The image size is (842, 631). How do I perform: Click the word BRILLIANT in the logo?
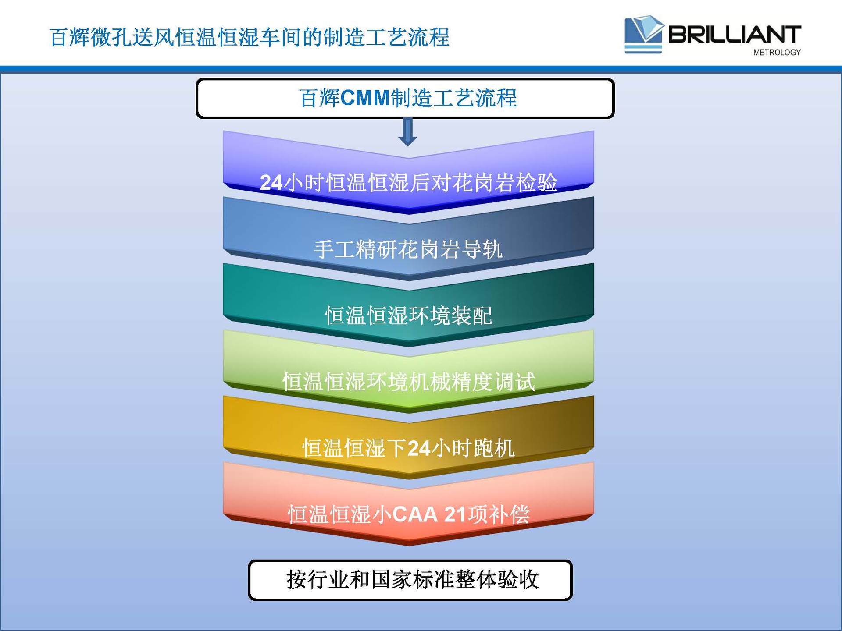(735, 34)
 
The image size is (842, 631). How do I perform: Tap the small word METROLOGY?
(777, 53)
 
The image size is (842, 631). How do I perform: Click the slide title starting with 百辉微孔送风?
(249, 37)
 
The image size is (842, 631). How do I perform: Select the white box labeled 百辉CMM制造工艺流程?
(405, 98)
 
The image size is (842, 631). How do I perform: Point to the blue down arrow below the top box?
(407, 131)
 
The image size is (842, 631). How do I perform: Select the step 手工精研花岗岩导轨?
(408, 249)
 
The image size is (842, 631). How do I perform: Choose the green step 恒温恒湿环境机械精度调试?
(408, 382)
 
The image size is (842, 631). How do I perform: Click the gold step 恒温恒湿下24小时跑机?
(408, 448)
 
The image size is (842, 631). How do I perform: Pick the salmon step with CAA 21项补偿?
(408, 514)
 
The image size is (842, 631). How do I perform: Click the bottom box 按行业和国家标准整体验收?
(410, 580)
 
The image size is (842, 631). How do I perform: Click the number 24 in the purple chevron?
(271, 183)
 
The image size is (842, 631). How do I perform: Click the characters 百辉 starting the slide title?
(70, 37)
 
